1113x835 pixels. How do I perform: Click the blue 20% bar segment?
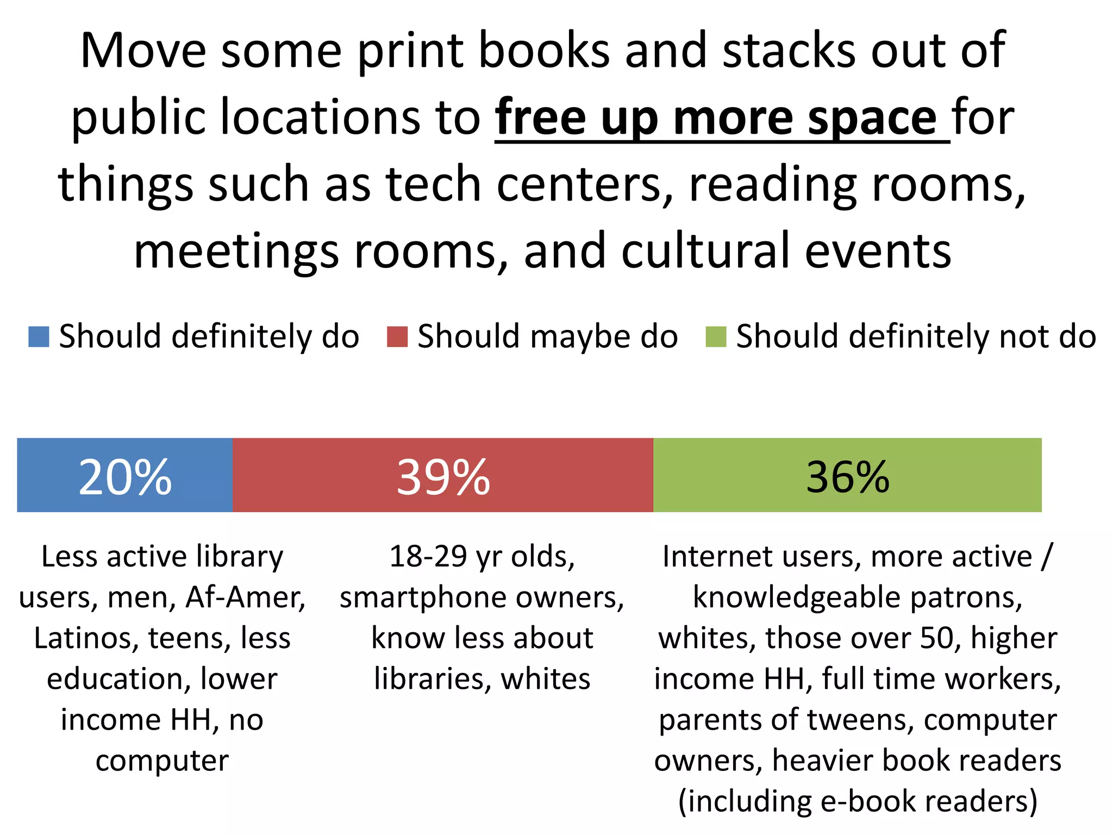[125, 475]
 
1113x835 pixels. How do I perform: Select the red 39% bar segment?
[443, 475]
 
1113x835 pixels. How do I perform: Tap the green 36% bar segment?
[847, 475]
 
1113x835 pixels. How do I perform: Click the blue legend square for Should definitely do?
[39, 337]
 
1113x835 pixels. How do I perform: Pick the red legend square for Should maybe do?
[397, 337]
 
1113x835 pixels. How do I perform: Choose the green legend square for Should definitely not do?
[716, 337]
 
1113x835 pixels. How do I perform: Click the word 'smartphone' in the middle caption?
[423, 597]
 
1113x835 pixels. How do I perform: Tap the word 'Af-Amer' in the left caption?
[245, 597]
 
